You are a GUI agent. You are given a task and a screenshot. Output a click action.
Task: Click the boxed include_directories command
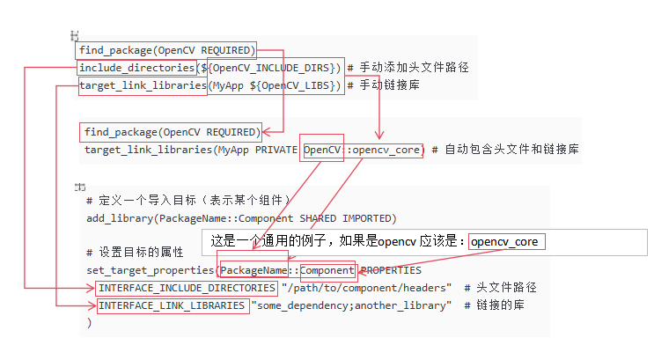pyautogui.click(x=136, y=68)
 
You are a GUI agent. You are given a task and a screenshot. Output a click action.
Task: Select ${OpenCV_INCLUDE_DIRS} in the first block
pyautogui.click(x=276, y=68)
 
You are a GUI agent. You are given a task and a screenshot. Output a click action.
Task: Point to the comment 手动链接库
pyautogui.click(x=389, y=85)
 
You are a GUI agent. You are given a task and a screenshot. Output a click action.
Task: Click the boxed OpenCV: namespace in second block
pyautogui.click(x=323, y=150)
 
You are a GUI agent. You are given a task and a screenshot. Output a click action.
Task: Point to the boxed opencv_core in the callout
pyautogui.click(x=505, y=241)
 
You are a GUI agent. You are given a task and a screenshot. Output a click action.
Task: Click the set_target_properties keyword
pyautogui.click(x=151, y=270)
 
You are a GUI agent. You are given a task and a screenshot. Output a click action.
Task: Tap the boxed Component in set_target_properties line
pyautogui.click(x=327, y=270)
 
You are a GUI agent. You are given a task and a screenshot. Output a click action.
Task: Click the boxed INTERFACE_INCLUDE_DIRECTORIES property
pyautogui.click(x=187, y=288)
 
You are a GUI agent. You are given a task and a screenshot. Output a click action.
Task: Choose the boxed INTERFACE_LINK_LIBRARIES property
pyautogui.click(x=172, y=305)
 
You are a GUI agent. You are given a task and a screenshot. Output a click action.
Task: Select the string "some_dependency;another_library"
pyautogui.click(x=351, y=305)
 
